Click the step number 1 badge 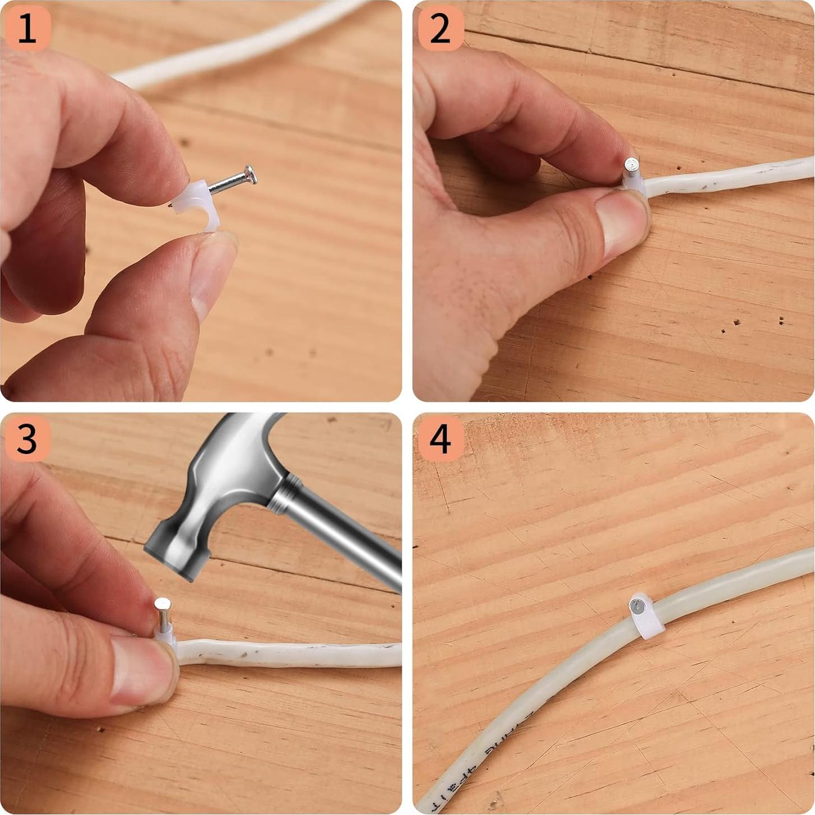click(x=27, y=29)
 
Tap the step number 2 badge click(x=440, y=29)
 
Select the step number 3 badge click(x=27, y=439)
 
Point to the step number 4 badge click(x=440, y=439)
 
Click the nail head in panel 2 click(x=632, y=164)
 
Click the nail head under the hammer click(x=163, y=604)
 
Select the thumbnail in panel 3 click(x=140, y=670)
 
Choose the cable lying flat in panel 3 click(x=291, y=655)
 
